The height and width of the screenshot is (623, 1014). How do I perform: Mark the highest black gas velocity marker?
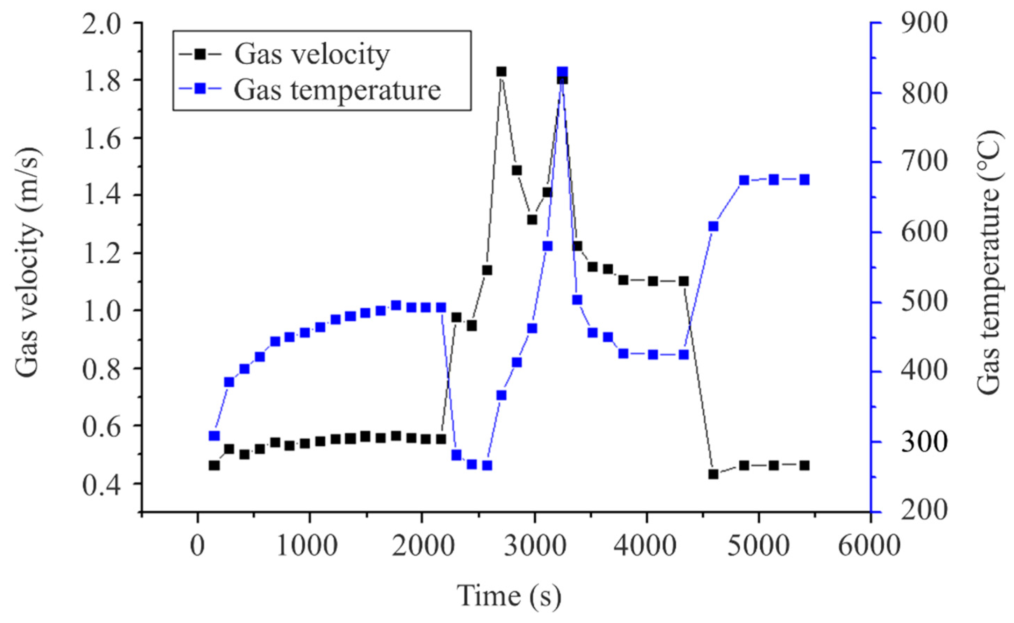[501, 72]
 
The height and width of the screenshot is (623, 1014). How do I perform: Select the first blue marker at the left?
[214, 436]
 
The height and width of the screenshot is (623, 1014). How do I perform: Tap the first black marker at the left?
[214, 466]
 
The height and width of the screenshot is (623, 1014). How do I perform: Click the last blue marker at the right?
[805, 180]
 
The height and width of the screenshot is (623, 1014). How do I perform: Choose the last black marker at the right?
[805, 466]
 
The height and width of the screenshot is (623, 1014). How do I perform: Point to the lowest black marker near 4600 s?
[713, 474]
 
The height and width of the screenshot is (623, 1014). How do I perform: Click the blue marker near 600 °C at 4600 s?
[713, 226]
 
